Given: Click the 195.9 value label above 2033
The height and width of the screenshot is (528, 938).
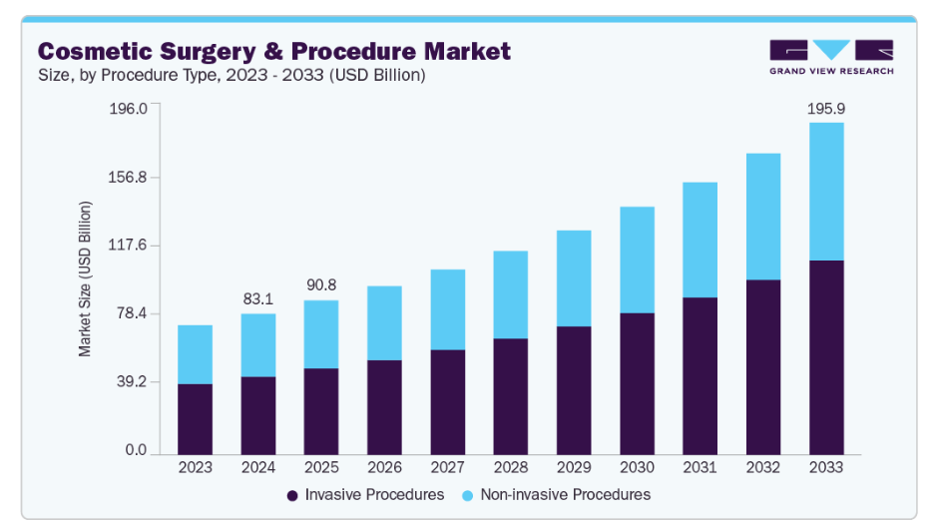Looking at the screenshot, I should pos(826,108).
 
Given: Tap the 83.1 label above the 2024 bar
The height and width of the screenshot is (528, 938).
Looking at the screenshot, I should pos(258,298).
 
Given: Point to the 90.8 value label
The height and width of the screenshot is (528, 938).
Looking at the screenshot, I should pos(321,285).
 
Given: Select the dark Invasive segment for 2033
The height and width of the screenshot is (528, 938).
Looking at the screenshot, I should pos(826,357).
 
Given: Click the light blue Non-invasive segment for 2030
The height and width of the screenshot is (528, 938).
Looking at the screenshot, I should pos(637,260).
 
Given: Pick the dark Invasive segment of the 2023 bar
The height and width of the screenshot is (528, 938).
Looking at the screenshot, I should pos(195,419).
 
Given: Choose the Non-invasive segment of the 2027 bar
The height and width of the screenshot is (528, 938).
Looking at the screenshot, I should pos(447,309).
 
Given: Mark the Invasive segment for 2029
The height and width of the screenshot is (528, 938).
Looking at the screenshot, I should pos(574,390).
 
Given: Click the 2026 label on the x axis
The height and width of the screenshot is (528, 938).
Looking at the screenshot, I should pos(384,467).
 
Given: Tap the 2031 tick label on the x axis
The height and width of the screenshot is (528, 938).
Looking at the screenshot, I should pos(700,467).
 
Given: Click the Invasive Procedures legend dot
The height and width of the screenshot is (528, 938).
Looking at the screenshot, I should pos(292,495).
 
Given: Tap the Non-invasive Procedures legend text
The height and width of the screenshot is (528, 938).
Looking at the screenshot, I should pos(565,495).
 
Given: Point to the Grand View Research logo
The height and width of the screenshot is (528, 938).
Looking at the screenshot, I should pos(831,57).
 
